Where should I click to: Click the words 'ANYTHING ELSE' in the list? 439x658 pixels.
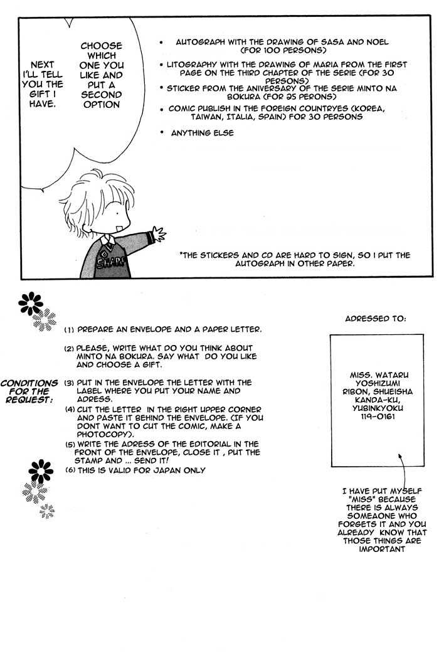pyautogui.click(x=202, y=133)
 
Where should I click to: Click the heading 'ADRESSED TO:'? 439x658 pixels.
pyautogui.click(x=375, y=318)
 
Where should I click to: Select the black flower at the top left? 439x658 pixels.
pyautogui.click(x=29, y=304)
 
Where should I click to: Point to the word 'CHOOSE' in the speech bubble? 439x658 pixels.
pyautogui.click(x=101, y=46)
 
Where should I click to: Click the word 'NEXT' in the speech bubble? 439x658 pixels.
pyautogui.click(x=42, y=65)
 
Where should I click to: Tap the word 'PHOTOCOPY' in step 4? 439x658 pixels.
pyautogui.click(x=104, y=434)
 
